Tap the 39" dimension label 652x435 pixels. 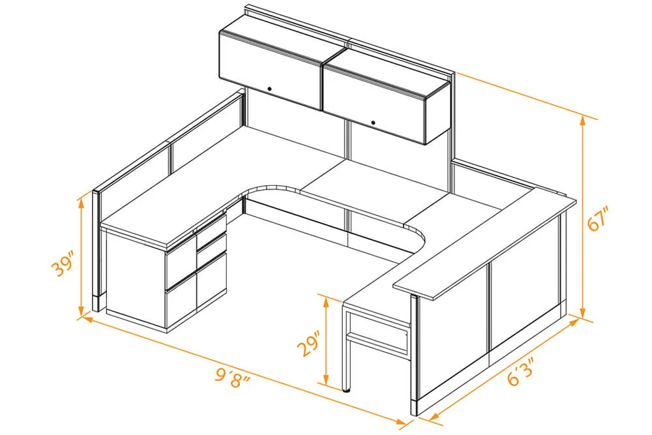[64, 263]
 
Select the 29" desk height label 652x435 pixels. [309, 343]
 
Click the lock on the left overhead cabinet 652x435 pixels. [269, 89]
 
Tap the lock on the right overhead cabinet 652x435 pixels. [373, 123]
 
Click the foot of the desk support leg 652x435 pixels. [346, 390]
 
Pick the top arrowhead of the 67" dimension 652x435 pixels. [582, 120]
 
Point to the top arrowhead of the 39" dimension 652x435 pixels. [81, 203]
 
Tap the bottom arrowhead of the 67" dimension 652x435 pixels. [582, 313]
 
